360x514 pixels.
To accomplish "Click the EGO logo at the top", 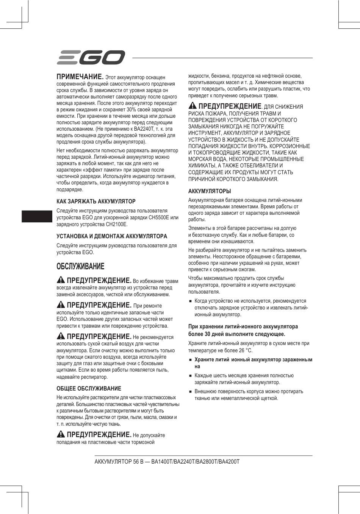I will coord(91,58).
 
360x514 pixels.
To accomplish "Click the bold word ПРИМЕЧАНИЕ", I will coord(80,77).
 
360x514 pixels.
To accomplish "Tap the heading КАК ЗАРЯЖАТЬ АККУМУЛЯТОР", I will coord(96,201).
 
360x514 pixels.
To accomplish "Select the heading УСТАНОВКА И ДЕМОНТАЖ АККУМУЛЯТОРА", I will coord(112,236).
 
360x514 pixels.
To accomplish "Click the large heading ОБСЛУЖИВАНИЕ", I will coord(80,266).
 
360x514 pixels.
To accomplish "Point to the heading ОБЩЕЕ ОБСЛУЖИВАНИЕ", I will coord(89,388).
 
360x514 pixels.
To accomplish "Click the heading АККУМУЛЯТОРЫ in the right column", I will coord(210,191).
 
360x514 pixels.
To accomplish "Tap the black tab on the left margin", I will coord(37,216).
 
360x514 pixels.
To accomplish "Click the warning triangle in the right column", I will coord(193,106).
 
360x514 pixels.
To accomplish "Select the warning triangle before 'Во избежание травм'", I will coord(61,280).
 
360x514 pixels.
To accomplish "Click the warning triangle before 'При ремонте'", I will coord(61,305).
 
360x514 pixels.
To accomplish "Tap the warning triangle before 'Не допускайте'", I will coord(61,434).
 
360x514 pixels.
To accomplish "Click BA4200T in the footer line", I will coord(229,462).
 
